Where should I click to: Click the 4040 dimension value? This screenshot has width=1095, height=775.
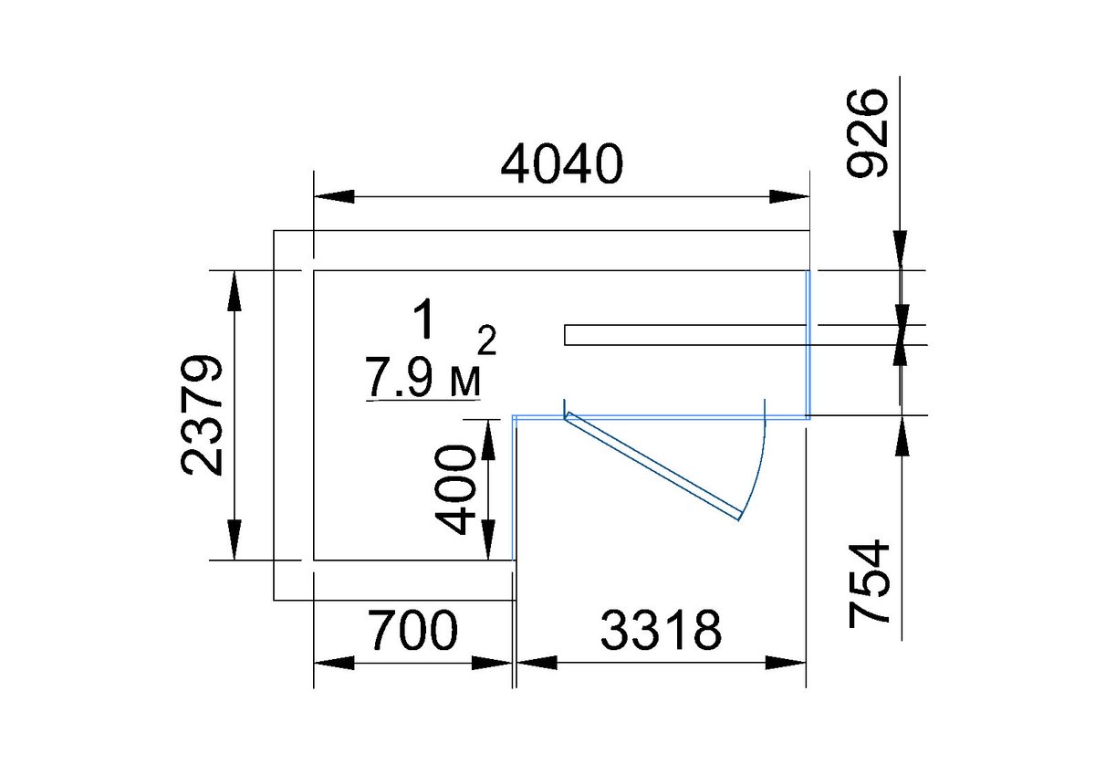(562, 163)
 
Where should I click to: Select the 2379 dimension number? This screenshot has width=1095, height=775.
(202, 415)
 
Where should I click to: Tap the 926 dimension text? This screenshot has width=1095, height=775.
(866, 132)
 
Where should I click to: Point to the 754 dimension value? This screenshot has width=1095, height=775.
(869, 583)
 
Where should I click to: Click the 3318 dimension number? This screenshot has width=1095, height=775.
(661, 629)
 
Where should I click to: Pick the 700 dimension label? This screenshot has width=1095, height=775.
(413, 629)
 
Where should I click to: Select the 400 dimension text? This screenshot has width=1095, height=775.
(455, 489)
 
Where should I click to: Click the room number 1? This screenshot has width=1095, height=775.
(424, 319)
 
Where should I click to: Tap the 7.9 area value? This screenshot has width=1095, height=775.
(399, 378)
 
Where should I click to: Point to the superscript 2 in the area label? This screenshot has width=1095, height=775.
(487, 340)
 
